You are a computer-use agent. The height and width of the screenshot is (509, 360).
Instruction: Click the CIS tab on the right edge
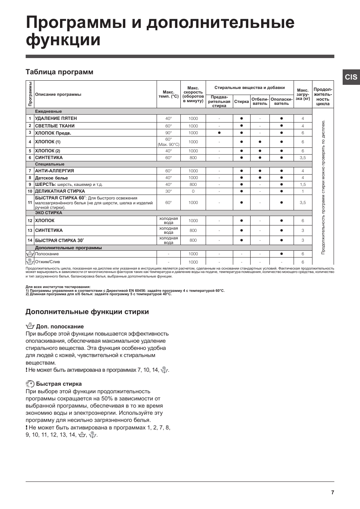tap(351, 77)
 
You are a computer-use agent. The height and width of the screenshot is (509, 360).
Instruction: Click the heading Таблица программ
tap(59, 72)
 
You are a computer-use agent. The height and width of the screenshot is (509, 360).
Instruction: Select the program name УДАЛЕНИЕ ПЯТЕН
tap(56, 118)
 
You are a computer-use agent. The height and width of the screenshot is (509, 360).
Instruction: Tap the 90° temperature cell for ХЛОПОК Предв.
tap(168, 133)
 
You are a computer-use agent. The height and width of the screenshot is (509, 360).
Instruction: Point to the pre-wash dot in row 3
tap(219, 133)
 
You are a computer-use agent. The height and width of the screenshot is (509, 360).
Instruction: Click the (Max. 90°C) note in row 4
tap(168, 145)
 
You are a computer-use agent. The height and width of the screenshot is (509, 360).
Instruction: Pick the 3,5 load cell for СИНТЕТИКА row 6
tap(303, 158)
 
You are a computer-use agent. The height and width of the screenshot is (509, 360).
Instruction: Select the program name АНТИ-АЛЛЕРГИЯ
tap(54, 171)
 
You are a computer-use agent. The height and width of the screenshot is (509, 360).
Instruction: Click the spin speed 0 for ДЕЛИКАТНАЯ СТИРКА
tap(193, 191)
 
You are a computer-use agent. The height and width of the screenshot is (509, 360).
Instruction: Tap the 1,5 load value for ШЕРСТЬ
tap(303, 184)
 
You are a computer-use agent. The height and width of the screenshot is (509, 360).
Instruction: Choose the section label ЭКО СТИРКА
tap(48, 213)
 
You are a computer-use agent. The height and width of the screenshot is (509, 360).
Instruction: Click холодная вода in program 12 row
tap(168, 221)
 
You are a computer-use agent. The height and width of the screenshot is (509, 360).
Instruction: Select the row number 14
tap(30, 240)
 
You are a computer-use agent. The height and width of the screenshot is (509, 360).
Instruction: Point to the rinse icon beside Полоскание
tap(30, 254)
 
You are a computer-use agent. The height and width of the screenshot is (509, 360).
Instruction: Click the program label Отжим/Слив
tap(48, 262)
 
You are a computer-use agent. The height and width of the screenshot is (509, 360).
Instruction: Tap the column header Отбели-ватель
tap(260, 101)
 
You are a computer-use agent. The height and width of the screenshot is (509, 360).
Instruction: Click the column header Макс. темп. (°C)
tap(168, 94)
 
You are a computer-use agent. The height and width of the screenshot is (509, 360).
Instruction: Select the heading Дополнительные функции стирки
tap(87, 312)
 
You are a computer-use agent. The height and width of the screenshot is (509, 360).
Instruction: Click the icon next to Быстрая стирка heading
tap(30, 384)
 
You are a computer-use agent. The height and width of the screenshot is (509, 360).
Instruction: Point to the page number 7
tap(332, 492)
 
